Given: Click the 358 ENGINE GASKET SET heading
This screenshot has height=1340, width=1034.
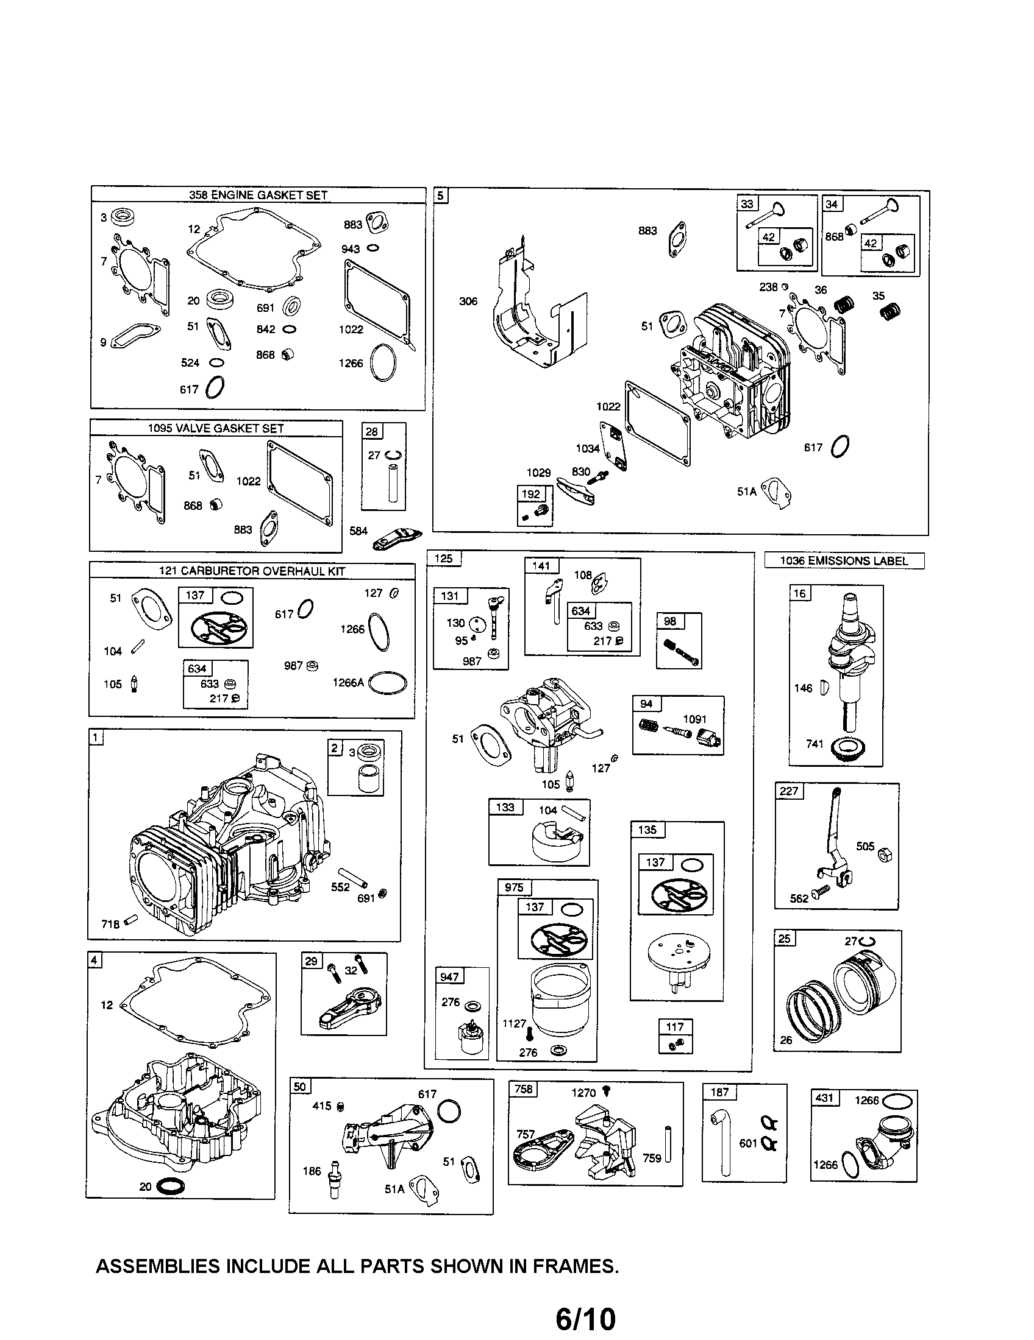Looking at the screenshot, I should click(x=258, y=195).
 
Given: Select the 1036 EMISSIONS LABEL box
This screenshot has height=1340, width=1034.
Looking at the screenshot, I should click(x=844, y=561).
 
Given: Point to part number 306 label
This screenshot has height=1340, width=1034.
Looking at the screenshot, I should click(x=468, y=301).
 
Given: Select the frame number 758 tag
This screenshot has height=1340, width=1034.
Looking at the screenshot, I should click(x=524, y=1089).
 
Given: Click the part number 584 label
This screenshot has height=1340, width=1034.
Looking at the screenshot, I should click(x=358, y=531).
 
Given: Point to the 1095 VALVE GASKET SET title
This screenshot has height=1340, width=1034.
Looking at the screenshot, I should click(x=216, y=428).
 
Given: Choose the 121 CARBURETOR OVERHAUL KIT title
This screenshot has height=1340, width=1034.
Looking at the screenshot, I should click(x=252, y=571).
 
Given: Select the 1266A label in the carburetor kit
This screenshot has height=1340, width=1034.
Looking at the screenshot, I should click(x=348, y=682).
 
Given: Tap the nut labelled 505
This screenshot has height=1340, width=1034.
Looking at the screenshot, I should click(x=885, y=855).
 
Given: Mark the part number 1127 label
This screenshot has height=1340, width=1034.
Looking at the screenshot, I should click(x=514, y=1023).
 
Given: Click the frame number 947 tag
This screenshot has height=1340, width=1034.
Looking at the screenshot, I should click(x=449, y=977).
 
